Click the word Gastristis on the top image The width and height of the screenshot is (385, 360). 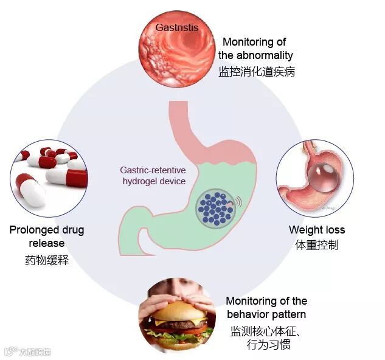[176, 27]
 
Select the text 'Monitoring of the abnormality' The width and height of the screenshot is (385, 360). [255, 49]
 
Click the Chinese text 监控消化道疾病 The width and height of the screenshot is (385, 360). [257, 71]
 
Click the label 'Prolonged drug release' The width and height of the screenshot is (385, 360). [47, 237]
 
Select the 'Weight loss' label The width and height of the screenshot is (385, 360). [316, 230]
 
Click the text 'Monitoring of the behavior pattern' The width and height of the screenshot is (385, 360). [266, 308]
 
